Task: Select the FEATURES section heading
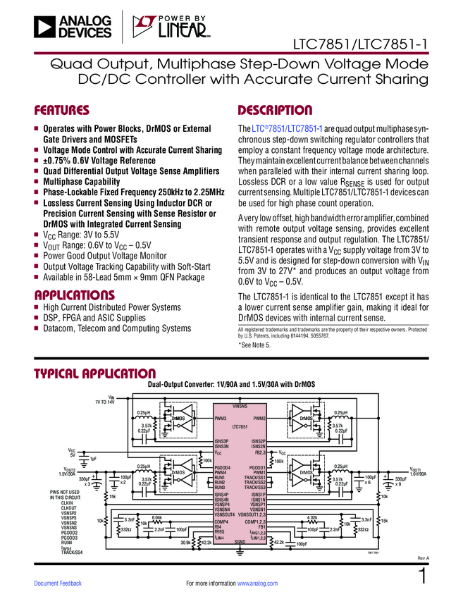pyautogui.click(x=62, y=111)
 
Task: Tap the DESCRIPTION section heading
pyautogui.click(x=275, y=111)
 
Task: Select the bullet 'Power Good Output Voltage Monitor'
pyautogui.click(x=105, y=256)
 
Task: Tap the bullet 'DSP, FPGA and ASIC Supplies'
pyautogui.click(x=94, y=318)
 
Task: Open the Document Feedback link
pyautogui.click(x=58, y=583)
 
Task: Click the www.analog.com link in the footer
pyautogui.click(x=257, y=583)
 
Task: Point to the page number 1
pyautogui.click(x=423, y=576)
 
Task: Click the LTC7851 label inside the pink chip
pyautogui.click(x=240, y=427)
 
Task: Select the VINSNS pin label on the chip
pyautogui.click(x=240, y=407)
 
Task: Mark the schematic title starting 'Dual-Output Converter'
pyautogui.click(x=232, y=383)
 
